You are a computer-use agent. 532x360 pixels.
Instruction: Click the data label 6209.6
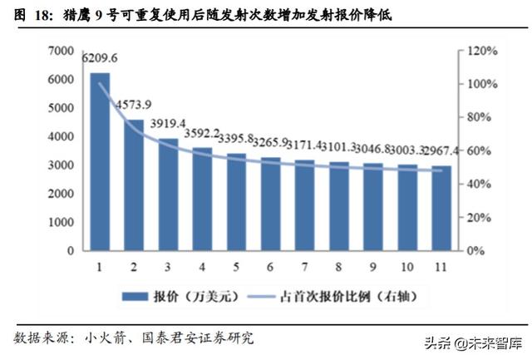(100, 58)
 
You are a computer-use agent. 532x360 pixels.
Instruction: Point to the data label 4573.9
(134, 105)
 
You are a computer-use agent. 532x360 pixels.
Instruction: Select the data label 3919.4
(168, 123)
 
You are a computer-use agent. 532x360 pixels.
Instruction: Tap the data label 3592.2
(202, 132)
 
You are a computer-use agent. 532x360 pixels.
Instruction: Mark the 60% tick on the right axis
(480, 151)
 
